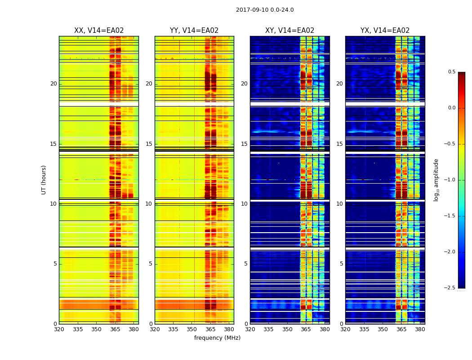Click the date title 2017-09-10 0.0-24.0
(x=265, y=10)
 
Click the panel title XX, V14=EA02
(x=99, y=31)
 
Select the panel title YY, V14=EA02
(x=194, y=31)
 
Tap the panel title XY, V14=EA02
(x=289, y=31)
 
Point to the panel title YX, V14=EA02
(x=385, y=31)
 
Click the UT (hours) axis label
(x=44, y=180)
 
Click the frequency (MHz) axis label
(x=217, y=338)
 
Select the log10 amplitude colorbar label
(x=436, y=180)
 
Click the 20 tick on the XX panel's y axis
(x=53, y=84)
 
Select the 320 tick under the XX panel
(x=59, y=329)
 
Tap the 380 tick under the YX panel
(x=420, y=329)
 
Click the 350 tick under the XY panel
(x=287, y=329)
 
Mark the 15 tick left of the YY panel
(x=149, y=144)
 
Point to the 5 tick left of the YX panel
(x=341, y=264)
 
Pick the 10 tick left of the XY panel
(x=244, y=204)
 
